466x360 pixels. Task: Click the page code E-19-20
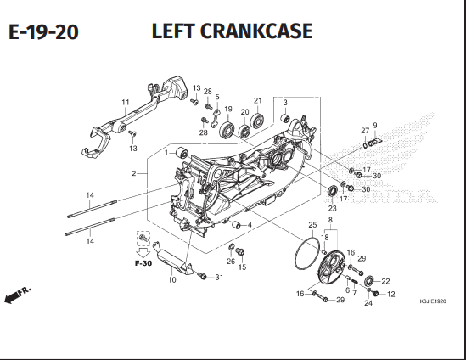click(43, 32)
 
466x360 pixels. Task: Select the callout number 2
click(133, 174)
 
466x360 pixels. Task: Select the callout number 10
click(172, 279)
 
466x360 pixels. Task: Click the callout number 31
click(218, 278)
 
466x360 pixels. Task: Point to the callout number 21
click(257, 99)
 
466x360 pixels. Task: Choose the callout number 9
click(374, 126)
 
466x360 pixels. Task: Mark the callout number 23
click(333, 208)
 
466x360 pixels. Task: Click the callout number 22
click(385, 281)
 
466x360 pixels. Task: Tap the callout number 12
click(391, 295)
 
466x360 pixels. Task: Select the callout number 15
click(242, 267)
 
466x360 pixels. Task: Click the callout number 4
click(249, 224)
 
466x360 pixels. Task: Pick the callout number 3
click(285, 103)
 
